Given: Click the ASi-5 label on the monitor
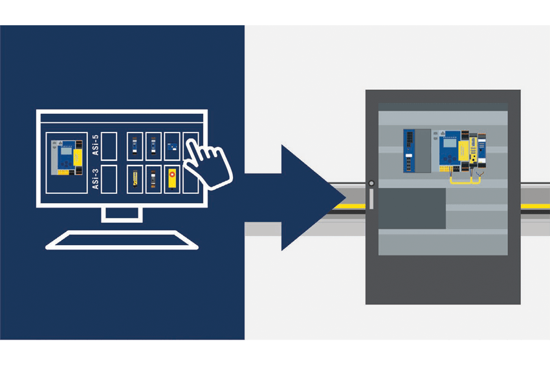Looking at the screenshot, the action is [95, 145].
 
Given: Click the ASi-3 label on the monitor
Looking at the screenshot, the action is [95, 178].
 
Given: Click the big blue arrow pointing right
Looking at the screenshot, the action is [295, 198].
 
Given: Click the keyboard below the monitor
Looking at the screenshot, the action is [122, 240].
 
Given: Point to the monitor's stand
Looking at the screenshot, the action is [122, 215].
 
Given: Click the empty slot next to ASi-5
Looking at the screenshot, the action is [109, 146].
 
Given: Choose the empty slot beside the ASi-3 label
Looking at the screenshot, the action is [109, 179].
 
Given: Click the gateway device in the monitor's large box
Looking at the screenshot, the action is [67, 157].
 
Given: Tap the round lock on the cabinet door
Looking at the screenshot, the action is [371, 183].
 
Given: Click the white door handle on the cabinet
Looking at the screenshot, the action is [371, 199].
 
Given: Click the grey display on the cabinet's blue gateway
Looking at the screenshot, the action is [449, 143].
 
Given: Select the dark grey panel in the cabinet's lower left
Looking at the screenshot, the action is [412, 209].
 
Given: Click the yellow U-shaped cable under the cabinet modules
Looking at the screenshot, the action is [465, 180].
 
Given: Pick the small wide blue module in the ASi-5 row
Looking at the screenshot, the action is [172, 147].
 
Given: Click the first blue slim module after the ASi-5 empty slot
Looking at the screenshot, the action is [135, 146].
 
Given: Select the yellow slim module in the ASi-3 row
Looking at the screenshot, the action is [135, 178].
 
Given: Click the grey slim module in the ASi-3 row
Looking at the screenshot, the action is [153, 178].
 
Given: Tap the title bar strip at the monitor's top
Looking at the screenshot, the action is [122, 118].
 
